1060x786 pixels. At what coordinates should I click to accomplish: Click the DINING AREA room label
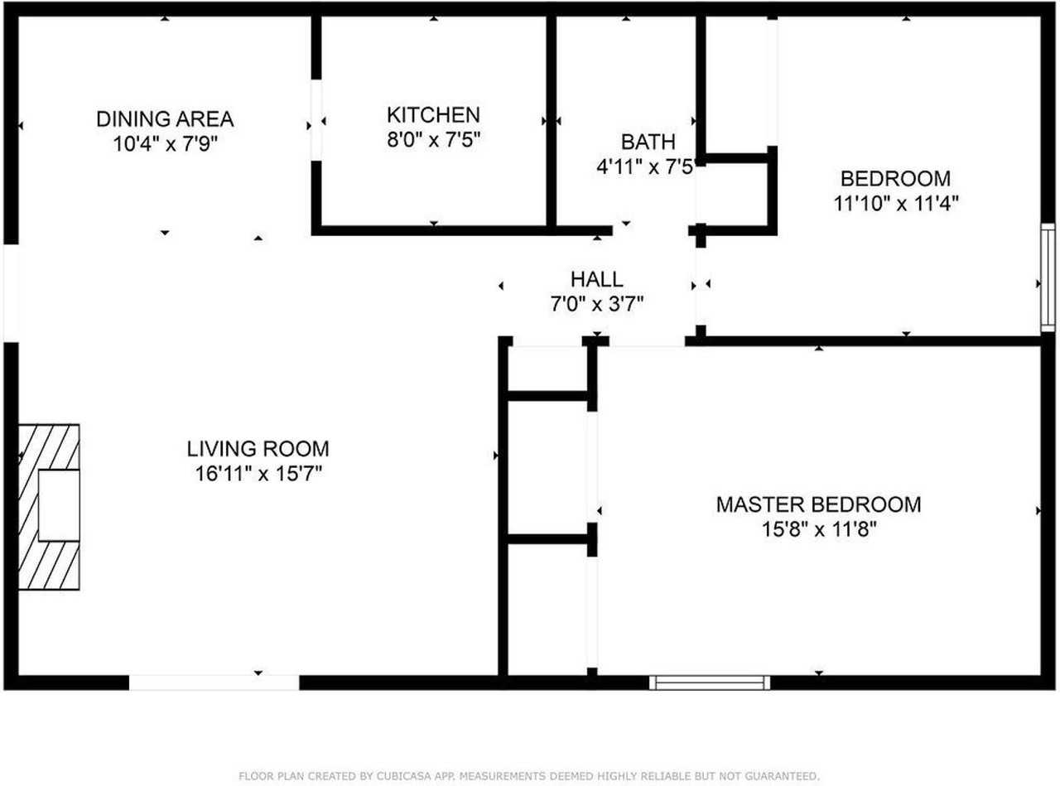165,118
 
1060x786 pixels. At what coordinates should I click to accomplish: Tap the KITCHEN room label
433,114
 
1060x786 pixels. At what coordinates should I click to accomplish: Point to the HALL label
596,279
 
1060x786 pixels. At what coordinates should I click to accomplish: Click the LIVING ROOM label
258,449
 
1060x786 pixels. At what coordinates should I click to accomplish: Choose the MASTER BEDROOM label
818,504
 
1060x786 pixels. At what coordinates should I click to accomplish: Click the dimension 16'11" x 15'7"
258,475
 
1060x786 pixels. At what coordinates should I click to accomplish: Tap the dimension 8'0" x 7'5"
433,139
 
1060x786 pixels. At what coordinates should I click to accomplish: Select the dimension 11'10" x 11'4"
896,203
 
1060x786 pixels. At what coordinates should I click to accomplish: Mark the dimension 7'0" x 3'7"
596,304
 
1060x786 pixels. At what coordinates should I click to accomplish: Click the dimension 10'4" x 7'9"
165,143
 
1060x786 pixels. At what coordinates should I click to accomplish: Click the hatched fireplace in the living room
50,507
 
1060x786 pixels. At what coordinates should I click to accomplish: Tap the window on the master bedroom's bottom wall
710,682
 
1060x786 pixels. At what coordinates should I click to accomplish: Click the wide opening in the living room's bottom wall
214,682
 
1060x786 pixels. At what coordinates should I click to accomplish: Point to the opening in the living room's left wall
11,293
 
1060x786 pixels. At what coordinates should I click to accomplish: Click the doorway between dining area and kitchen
316,119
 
